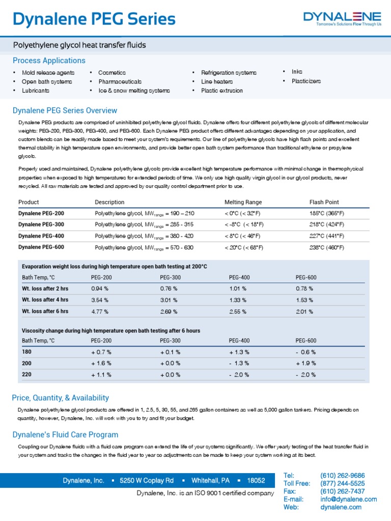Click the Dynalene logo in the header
(342, 18)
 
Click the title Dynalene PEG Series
(94, 19)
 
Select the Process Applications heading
(49, 61)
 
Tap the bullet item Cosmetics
(111, 73)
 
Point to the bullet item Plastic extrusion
(222, 91)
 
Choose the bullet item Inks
(297, 72)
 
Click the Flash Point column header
(324, 202)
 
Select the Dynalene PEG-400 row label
(41, 236)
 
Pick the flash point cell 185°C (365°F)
(326, 213)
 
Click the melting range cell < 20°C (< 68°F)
(244, 247)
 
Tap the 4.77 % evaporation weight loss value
(100, 311)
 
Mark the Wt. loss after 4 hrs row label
(45, 300)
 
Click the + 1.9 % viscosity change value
(305, 363)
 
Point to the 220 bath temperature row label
(27, 374)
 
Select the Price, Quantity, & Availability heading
(60, 398)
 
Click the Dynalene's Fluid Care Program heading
(65, 435)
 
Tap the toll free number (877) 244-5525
(342, 483)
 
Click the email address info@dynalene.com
(348, 499)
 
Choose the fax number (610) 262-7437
(342, 491)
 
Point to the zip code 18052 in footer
(256, 480)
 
